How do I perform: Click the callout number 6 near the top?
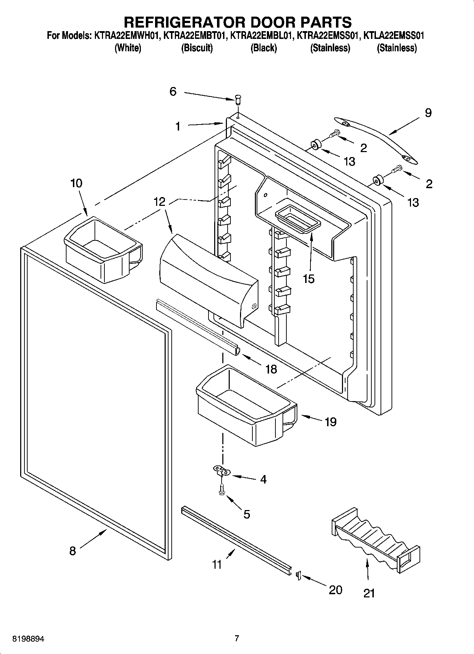173,92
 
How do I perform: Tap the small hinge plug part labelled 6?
238,100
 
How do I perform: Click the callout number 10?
76,183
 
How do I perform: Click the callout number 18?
271,369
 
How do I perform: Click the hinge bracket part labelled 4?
222,470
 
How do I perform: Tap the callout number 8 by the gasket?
72,551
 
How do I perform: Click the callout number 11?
217,564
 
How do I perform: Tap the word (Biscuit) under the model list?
197,48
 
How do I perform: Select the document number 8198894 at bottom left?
28,639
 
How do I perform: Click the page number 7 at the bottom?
237,638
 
